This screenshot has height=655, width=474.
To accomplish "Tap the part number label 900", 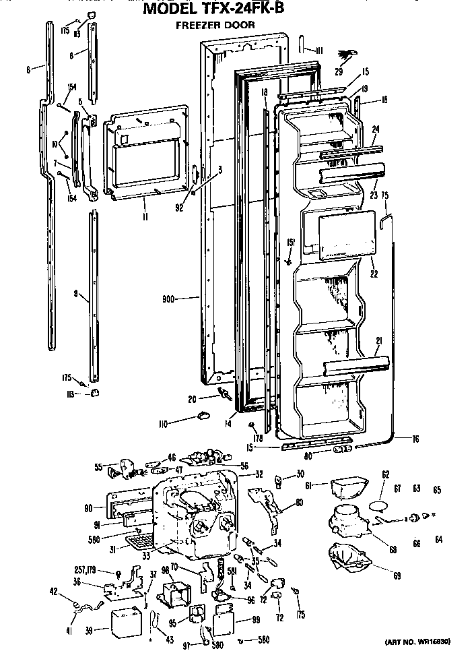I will pos(171,297).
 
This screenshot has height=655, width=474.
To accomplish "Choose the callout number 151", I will pos(291,243).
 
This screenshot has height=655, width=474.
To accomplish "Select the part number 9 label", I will pos(76,294).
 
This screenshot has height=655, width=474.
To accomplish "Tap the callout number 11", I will pos(145,216).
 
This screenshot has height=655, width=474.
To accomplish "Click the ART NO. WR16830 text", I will pos(428,642).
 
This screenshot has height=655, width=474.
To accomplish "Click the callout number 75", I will pos(386,196).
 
